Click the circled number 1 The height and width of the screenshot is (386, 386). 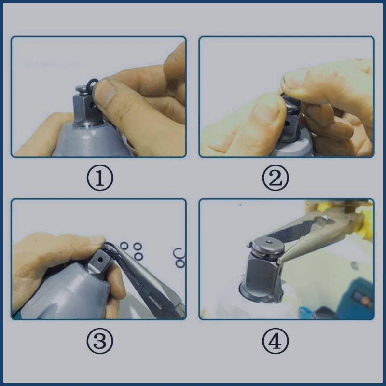click(x=100, y=178)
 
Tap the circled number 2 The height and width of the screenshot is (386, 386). click(x=276, y=178)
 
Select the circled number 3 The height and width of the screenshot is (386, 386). click(x=100, y=341)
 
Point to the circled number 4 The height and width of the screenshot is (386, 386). click(x=276, y=341)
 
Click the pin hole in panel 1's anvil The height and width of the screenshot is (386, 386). click(x=92, y=106)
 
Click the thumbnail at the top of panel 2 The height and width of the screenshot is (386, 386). click(x=292, y=78)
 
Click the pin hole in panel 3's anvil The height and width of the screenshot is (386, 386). click(x=100, y=260)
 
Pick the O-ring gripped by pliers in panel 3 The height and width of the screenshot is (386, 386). click(x=110, y=248)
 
